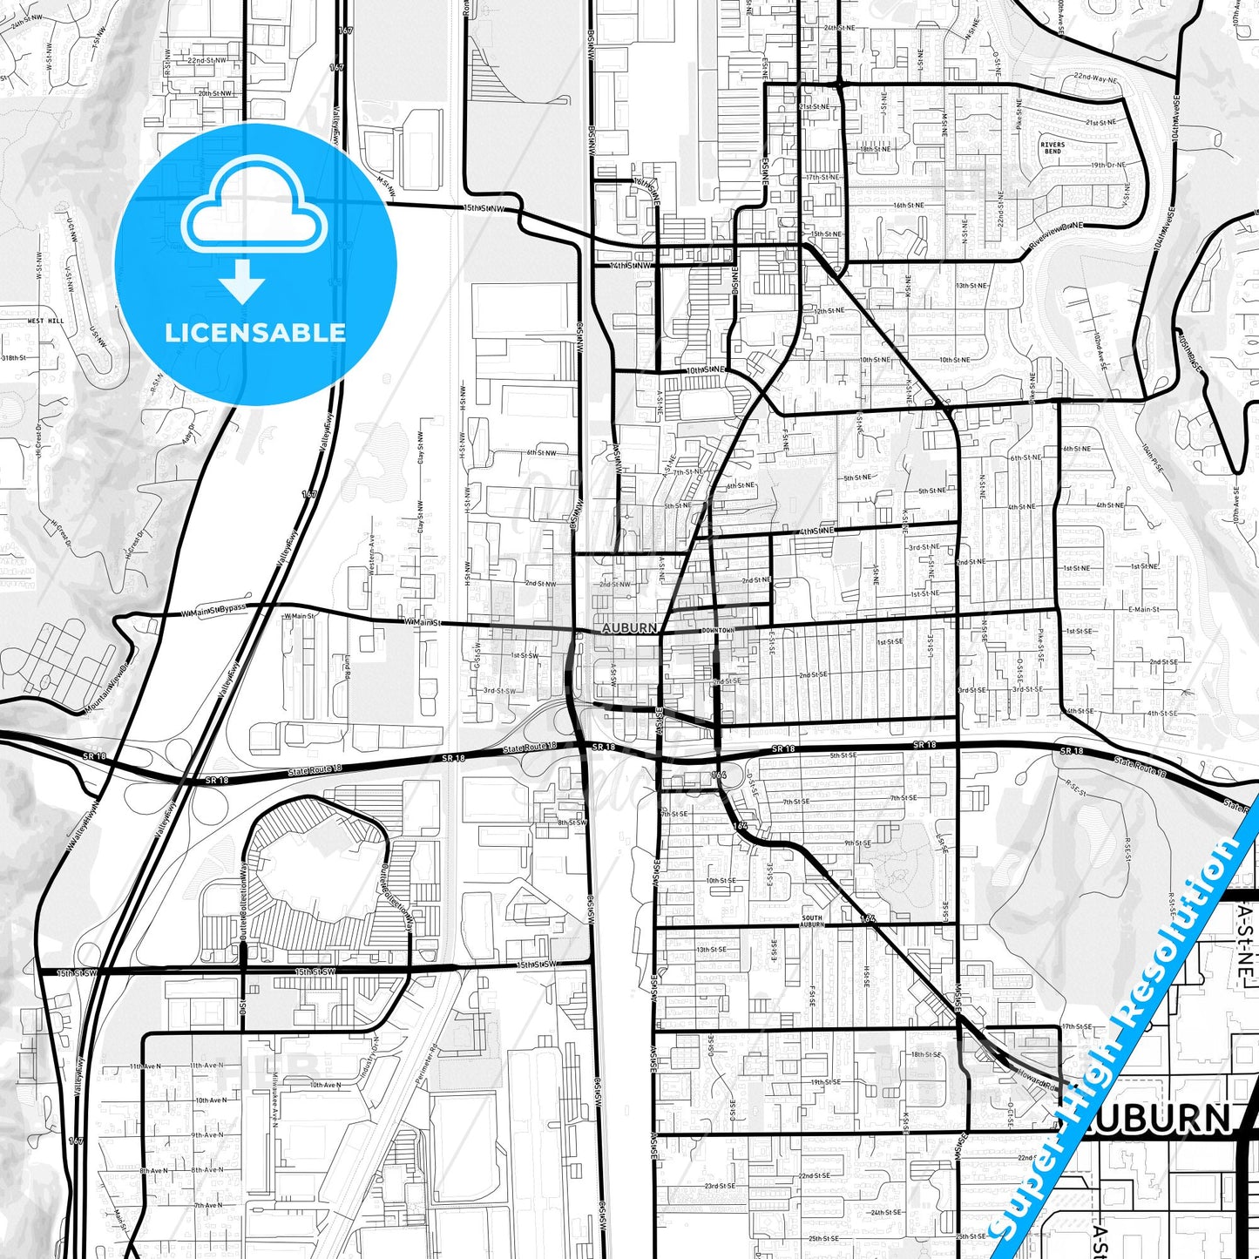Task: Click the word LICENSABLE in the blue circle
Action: [x=255, y=333]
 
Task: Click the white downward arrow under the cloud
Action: [x=242, y=281]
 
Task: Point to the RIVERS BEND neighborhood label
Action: [x=1053, y=148]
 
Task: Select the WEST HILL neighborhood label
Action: [x=45, y=322]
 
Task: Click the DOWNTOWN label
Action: [x=717, y=630]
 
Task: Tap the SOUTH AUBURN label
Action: [x=811, y=921]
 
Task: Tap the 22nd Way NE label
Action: [x=1095, y=78]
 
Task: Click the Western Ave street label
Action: [x=371, y=554]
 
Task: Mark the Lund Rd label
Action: [x=347, y=667]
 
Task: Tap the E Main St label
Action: [x=1143, y=610]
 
